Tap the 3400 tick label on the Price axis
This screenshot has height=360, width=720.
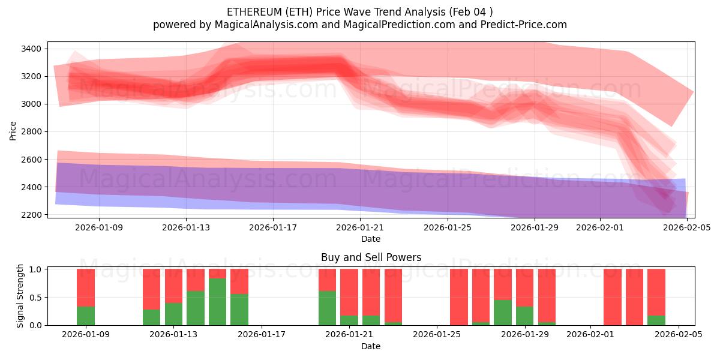click(x=31, y=49)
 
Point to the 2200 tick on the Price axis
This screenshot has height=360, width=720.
click(x=31, y=215)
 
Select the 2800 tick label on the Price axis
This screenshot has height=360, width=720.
click(x=31, y=132)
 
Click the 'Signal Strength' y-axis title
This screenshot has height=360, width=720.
click(x=20, y=296)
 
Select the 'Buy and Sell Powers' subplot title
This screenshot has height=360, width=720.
click(x=371, y=257)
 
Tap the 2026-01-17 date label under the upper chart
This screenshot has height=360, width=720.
click(x=273, y=228)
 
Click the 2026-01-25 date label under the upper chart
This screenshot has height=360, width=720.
click(x=448, y=228)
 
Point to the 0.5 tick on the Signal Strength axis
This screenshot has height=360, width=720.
click(x=35, y=297)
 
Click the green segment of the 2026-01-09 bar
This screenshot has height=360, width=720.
click(x=86, y=316)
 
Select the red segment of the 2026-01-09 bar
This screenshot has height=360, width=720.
click(x=86, y=287)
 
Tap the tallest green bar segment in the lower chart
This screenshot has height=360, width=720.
click(x=217, y=302)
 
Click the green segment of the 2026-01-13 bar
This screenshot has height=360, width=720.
click(x=173, y=314)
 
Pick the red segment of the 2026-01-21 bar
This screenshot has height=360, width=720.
click(x=349, y=292)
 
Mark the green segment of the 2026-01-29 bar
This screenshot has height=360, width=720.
click(x=524, y=316)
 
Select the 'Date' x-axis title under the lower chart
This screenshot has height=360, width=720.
click(x=371, y=346)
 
